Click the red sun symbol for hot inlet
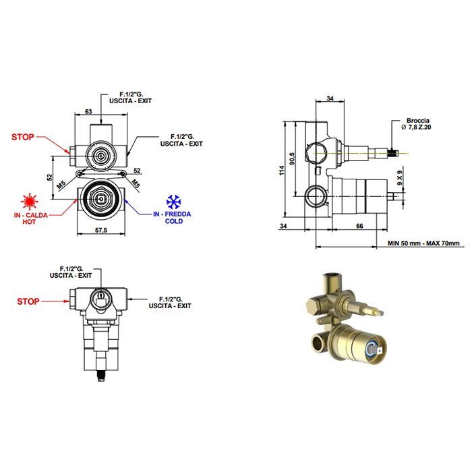click(x=30, y=202)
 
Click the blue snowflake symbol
click(x=174, y=202)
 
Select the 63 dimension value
click(x=88, y=112)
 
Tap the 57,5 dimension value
click(x=101, y=231)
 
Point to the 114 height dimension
click(x=281, y=170)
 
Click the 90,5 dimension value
click(x=292, y=158)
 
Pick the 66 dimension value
click(x=359, y=226)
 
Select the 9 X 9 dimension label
click(x=399, y=177)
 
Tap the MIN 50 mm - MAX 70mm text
click(x=423, y=243)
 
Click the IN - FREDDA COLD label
click(x=172, y=217)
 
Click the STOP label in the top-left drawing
click(x=22, y=138)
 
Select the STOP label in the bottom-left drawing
click(x=28, y=301)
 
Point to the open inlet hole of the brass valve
click(x=317, y=343)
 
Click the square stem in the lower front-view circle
click(x=100, y=199)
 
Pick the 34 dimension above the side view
click(x=330, y=98)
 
